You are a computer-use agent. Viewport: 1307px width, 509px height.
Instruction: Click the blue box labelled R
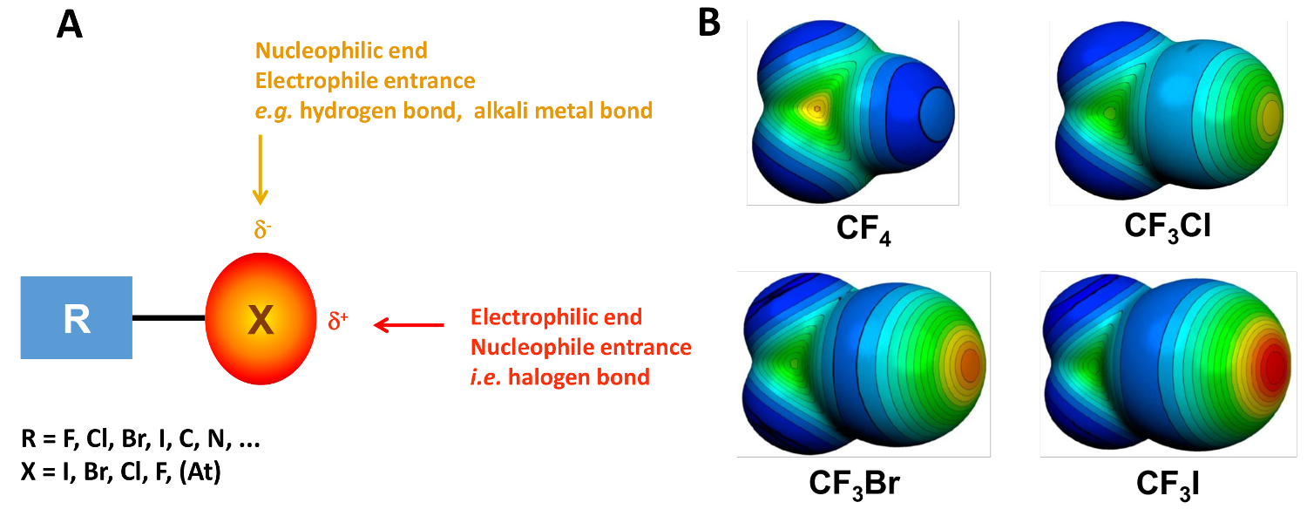pyautogui.click(x=77, y=318)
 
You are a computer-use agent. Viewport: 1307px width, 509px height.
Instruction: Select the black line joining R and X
pyautogui.click(x=169, y=319)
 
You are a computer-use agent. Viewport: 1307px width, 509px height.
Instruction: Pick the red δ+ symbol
pyautogui.click(x=338, y=319)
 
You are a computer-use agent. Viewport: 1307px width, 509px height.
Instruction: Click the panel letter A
pyautogui.click(x=69, y=25)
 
